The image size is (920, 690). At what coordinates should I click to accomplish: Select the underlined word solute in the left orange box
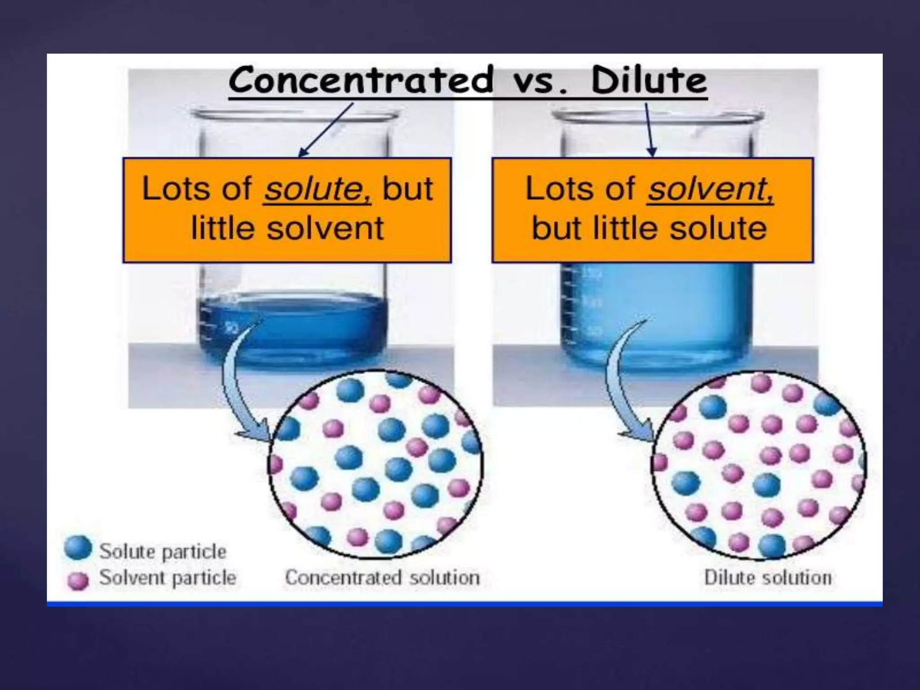317,189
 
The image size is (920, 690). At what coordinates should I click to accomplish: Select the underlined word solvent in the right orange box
710,189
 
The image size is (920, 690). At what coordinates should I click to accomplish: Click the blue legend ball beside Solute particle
78,549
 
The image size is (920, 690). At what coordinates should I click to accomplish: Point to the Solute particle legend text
163,552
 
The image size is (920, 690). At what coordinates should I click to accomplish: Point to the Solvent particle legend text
167,578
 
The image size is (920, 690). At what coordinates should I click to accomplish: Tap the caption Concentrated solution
382,578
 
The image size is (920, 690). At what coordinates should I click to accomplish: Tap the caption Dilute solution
768,578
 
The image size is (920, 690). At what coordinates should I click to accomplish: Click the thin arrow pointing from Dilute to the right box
650,130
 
